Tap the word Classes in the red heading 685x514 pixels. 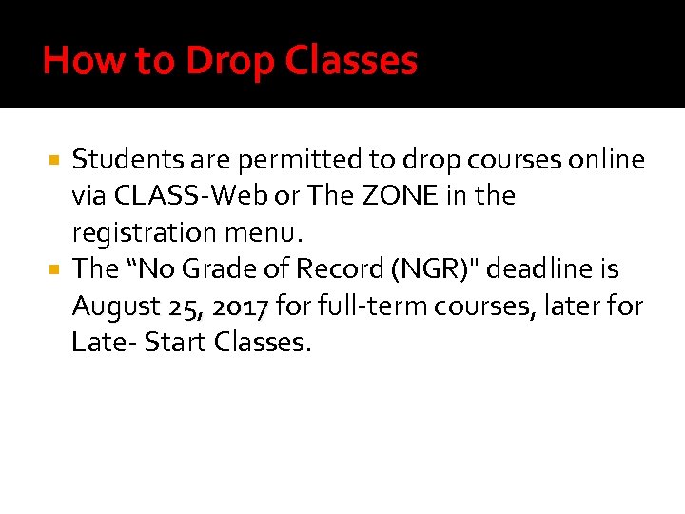[349, 62]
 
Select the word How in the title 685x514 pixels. [73, 62]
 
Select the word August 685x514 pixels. [112, 306]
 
